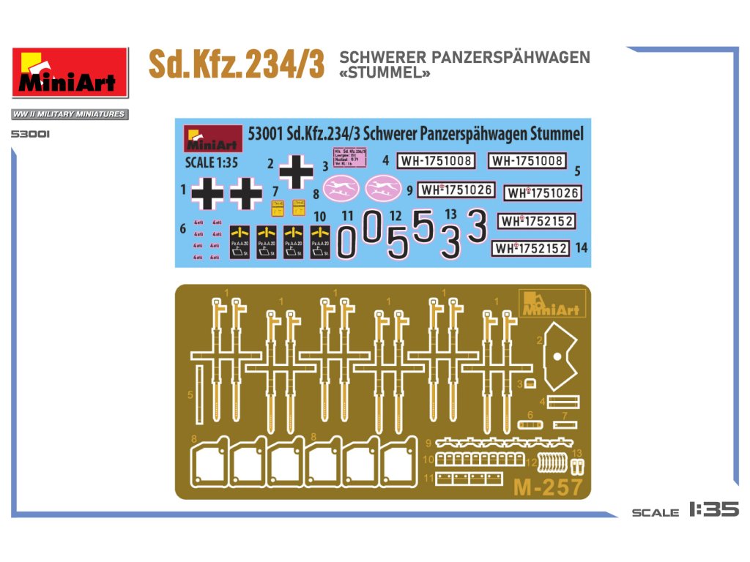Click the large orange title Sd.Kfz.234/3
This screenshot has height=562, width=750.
tap(237, 64)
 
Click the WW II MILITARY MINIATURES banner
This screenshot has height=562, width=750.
tap(69, 114)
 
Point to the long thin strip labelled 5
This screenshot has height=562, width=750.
tap(198, 396)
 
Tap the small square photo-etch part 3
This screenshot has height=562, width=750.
tap(531, 383)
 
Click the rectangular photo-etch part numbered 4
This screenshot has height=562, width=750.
tap(562, 402)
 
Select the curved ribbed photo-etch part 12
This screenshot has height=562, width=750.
tap(554, 464)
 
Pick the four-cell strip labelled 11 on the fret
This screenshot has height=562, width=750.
tap(464, 479)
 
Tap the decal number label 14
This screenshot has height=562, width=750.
tap(582, 248)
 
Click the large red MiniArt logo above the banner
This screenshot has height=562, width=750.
tap(70, 72)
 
